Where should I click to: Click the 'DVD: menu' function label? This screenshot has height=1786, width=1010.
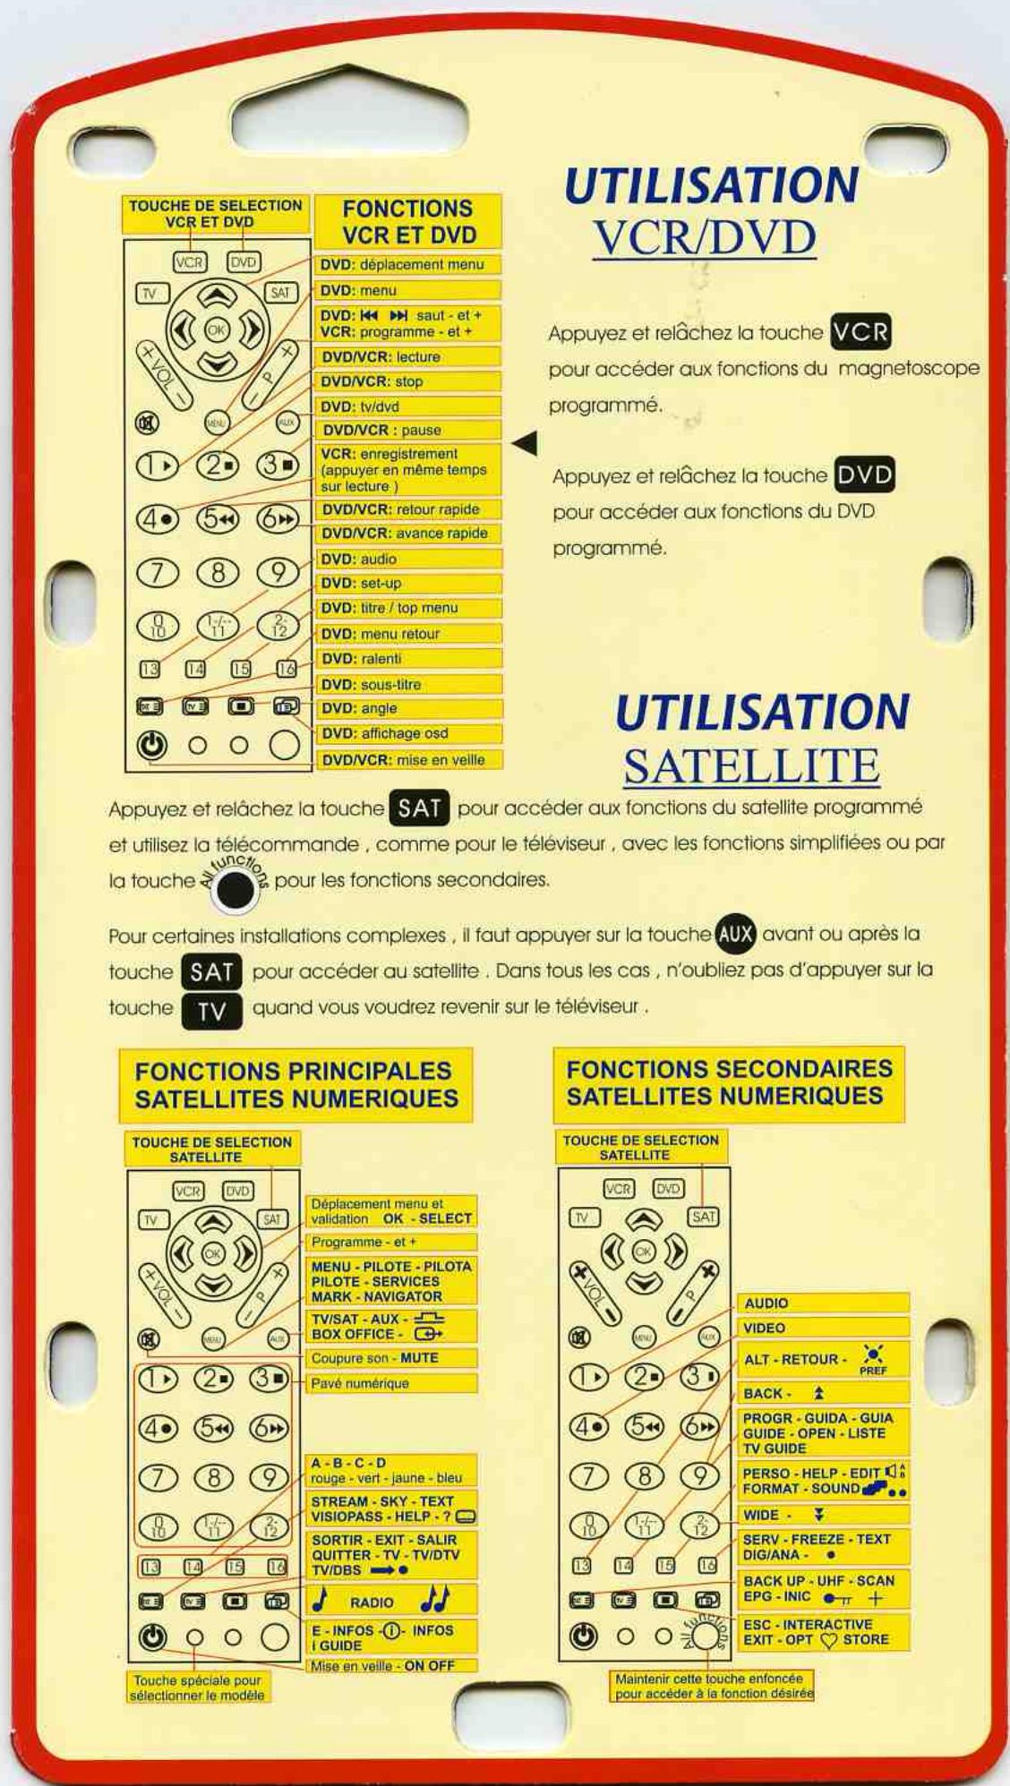[407, 290]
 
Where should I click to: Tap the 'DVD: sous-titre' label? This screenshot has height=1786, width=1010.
[407, 684]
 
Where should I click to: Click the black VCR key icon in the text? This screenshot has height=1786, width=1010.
[860, 332]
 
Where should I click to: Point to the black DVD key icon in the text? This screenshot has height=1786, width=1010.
[864, 474]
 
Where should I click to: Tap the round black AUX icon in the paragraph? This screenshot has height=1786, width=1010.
[736, 934]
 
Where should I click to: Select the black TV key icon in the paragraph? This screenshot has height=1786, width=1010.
[212, 1011]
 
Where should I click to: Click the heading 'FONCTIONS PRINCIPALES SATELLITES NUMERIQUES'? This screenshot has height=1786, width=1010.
[295, 1085]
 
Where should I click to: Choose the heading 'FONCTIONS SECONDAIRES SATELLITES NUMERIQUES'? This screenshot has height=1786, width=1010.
[729, 1083]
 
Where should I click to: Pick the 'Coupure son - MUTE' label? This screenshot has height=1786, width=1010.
[390, 1358]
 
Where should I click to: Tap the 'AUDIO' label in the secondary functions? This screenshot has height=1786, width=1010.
[822, 1303]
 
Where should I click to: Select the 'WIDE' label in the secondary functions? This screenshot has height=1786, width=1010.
[822, 1515]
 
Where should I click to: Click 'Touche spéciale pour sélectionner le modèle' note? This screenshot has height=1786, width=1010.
[197, 1688]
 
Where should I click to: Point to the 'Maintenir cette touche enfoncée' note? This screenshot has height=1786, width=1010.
[713, 1686]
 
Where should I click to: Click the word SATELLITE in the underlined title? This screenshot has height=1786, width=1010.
[750, 766]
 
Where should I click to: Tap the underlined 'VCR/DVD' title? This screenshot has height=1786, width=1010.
[705, 237]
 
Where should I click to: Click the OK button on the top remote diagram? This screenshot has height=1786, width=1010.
[217, 329]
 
